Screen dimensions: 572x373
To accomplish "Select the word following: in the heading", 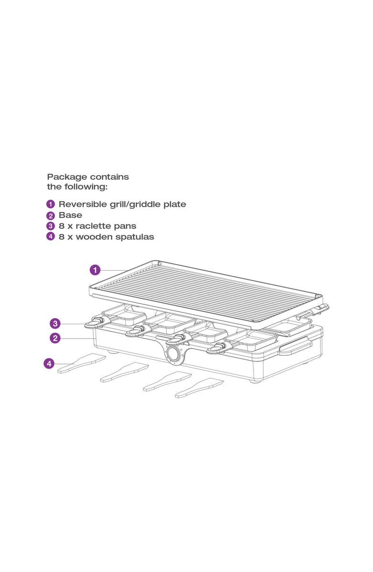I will pyautogui.click(x=87, y=187).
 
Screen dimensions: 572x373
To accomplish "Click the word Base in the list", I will pyautogui.click(x=70, y=215).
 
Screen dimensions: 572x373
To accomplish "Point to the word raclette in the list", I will pyautogui.click(x=94, y=226).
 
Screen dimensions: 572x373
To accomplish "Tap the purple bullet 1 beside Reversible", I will pyautogui.click(x=51, y=205).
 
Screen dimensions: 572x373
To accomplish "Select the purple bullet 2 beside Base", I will pyautogui.click(x=51, y=216).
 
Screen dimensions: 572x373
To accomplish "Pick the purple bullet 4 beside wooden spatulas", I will pyautogui.click(x=51, y=237).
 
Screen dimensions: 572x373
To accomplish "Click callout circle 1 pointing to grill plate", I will pyautogui.click(x=95, y=270).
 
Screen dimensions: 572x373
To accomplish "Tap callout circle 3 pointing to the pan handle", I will pyautogui.click(x=56, y=323).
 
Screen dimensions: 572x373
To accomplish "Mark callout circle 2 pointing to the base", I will pyautogui.click(x=56, y=338).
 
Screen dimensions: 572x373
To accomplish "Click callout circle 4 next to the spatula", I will pyautogui.click(x=49, y=364).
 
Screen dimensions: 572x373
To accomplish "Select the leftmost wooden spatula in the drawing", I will pyautogui.click(x=81, y=363).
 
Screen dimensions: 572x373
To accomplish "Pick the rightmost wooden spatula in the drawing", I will pyautogui.click(x=199, y=388).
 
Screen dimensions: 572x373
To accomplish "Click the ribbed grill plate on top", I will pyautogui.click(x=206, y=292).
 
